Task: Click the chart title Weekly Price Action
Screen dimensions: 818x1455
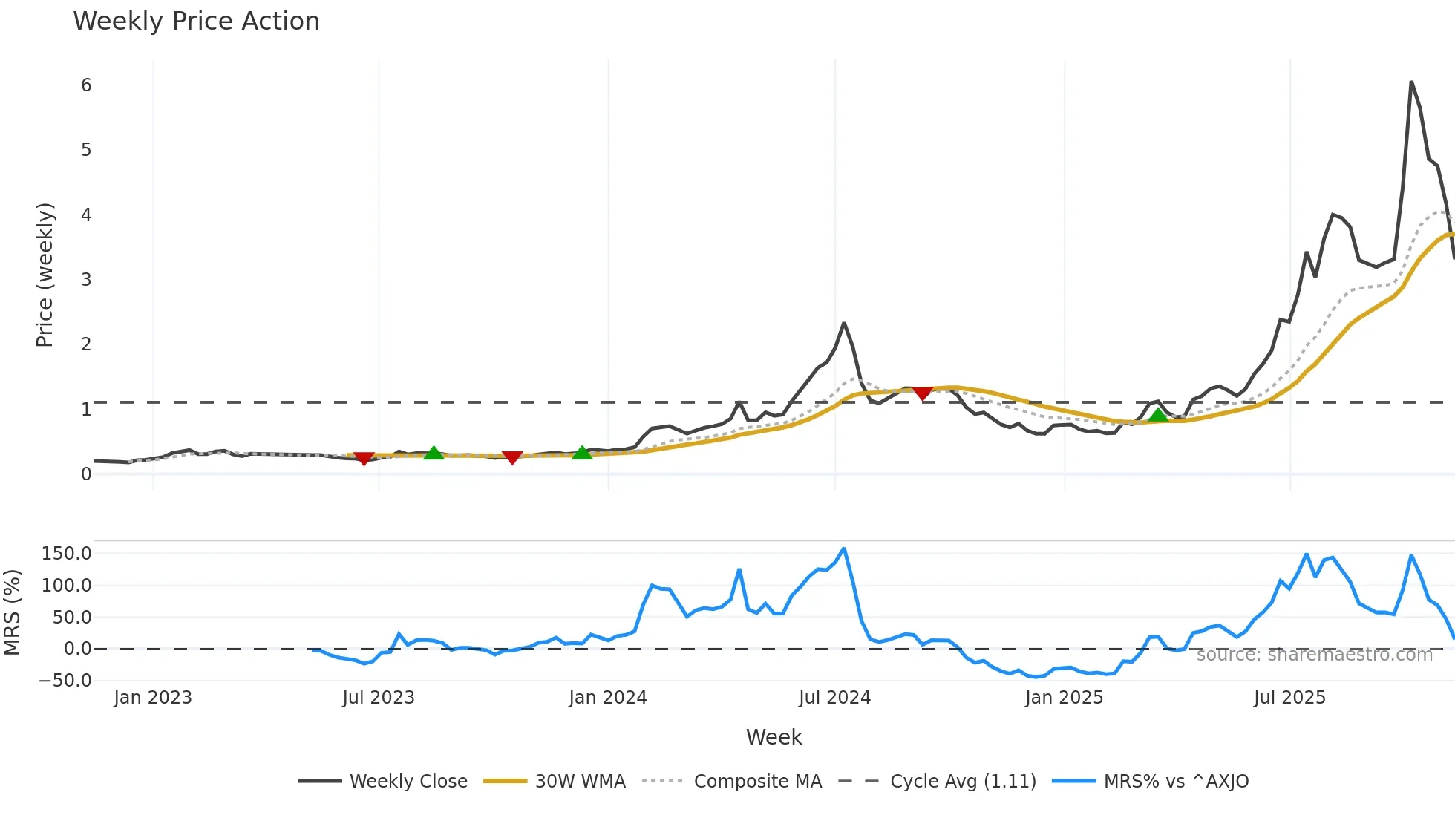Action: click(196, 22)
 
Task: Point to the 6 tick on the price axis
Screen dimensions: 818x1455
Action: click(86, 85)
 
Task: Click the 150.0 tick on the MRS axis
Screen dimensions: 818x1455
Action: click(67, 553)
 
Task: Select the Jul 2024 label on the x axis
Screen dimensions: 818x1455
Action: click(834, 698)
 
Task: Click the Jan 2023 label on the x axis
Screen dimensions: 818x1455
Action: click(153, 698)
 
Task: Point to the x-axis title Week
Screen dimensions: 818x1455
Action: click(774, 737)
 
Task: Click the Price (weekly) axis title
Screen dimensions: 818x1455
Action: click(45, 275)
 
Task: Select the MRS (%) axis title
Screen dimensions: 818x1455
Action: click(12, 612)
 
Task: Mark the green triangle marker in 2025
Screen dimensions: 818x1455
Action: click(1158, 415)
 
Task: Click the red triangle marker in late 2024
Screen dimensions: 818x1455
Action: click(922, 393)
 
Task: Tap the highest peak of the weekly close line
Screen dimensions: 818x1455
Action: click(1411, 82)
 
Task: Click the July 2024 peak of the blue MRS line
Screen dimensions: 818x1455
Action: click(844, 549)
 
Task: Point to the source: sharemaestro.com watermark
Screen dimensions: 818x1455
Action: click(1314, 654)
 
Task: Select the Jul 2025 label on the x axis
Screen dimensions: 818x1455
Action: click(1289, 698)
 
